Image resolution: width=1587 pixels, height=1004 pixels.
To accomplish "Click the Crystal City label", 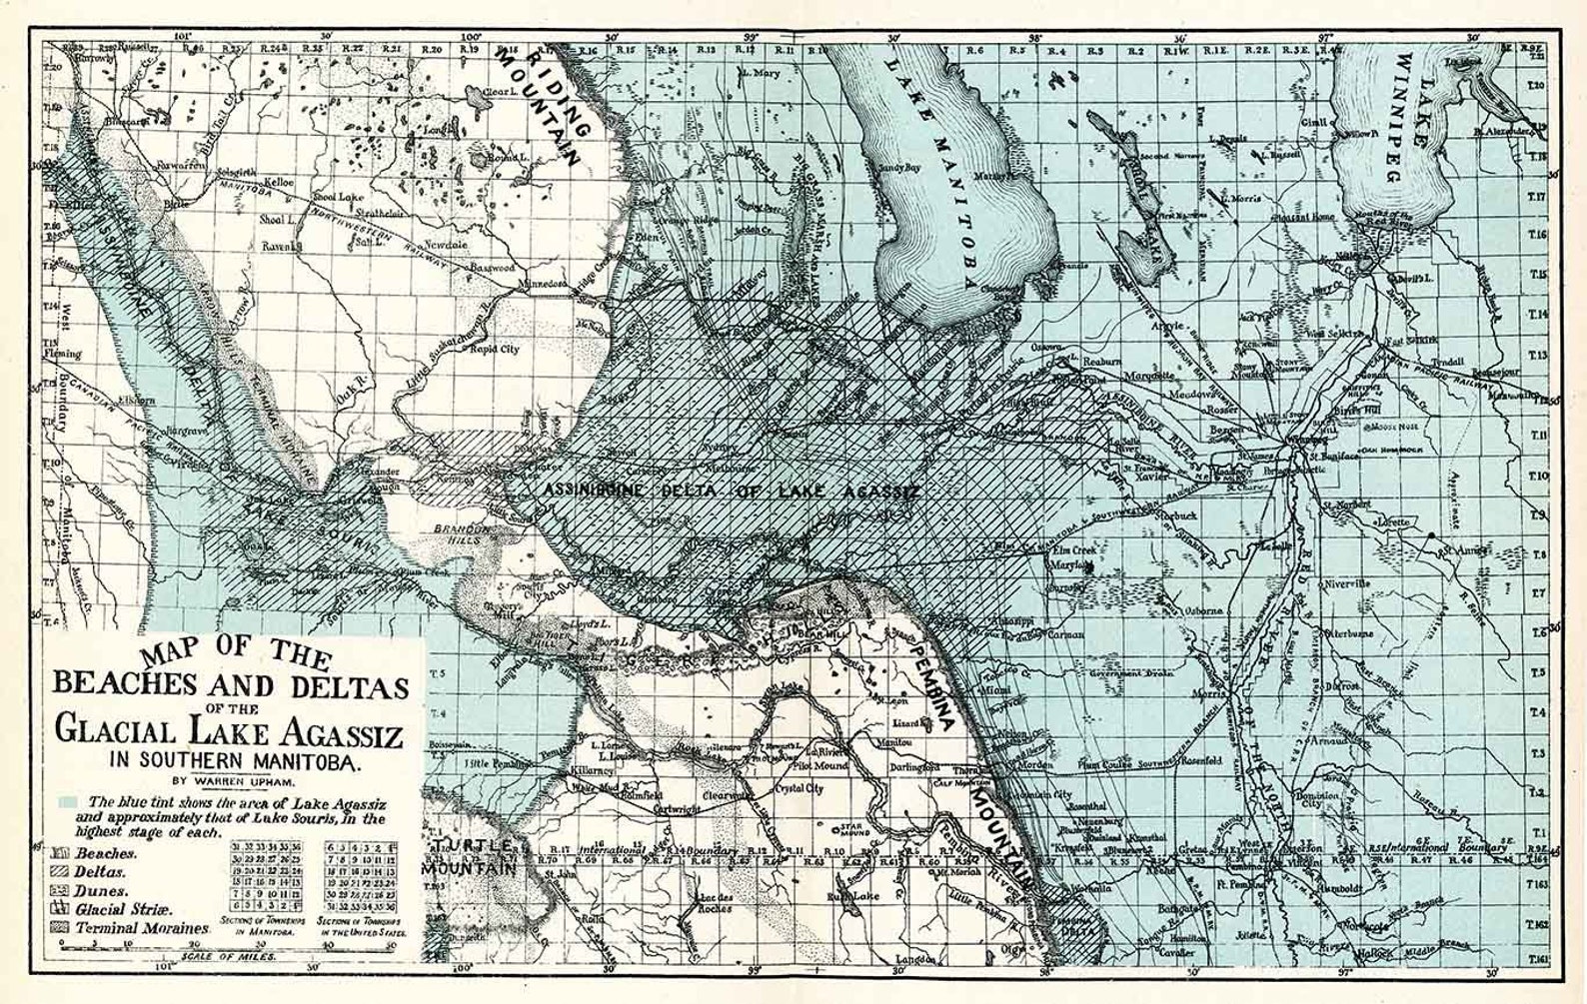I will point(800,788).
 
